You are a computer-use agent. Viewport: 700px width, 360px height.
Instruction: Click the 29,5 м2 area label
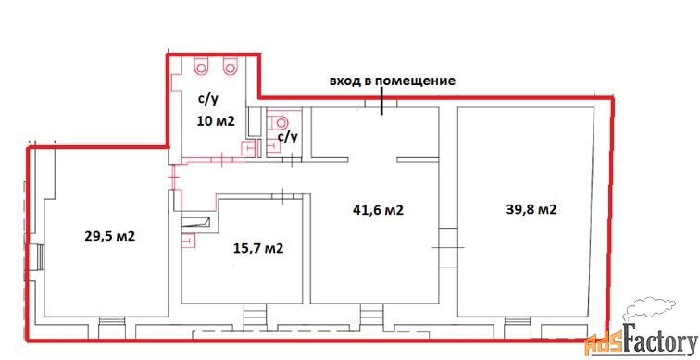(110, 236)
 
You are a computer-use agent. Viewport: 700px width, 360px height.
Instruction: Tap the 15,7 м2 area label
(258, 248)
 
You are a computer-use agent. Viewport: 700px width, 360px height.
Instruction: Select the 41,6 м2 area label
(378, 210)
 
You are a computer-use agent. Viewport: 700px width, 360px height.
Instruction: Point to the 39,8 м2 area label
(531, 209)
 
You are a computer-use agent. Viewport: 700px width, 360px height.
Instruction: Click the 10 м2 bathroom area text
(216, 121)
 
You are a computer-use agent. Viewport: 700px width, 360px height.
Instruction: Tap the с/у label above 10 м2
(208, 99)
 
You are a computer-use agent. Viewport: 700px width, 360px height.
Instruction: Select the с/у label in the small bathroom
(287, 137)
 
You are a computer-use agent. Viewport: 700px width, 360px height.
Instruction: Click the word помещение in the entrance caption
(419, 81)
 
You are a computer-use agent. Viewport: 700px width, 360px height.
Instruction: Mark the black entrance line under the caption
(381, 101)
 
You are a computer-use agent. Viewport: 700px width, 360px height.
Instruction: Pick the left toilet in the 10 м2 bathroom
(201, 66)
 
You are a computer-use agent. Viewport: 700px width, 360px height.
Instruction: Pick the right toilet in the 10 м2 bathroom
(230, 66)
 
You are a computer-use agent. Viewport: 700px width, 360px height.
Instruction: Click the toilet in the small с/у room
(281, 120)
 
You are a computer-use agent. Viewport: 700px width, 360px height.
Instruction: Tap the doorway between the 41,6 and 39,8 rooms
(448, 247)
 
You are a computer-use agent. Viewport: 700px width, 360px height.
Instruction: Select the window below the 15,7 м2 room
(256, 317)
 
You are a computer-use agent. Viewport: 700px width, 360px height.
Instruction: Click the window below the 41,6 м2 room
(372, 317)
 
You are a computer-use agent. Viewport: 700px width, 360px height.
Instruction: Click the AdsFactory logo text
(641, 342)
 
